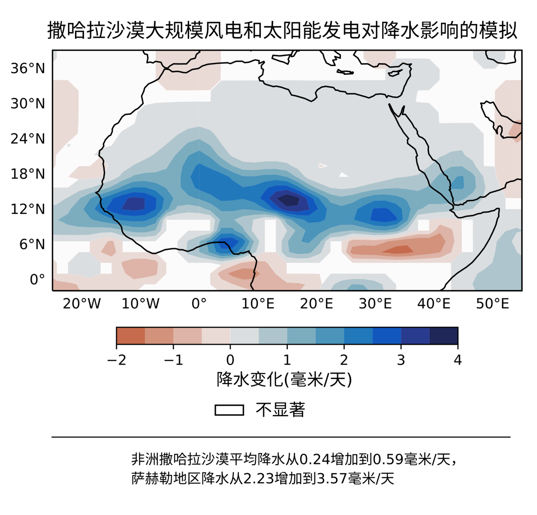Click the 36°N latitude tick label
coord(28,68)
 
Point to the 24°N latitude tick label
coord(28,139)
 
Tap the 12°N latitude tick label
coord(28,209)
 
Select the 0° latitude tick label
coord(37,280)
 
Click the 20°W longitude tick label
coord(82,304)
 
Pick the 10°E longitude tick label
coord(258,304)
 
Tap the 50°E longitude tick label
coord(492,304)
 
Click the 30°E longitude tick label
coord(375,304)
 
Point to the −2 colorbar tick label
coord(116,360)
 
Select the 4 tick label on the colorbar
coord(458,360)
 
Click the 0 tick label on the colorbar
coord(230,360)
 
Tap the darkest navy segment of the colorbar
coord(444,336)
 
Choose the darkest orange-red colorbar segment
coord(130,336)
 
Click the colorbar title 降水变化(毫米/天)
coord(284,379)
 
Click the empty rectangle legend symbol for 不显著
coord(229,410)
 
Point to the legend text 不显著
coord(280,410)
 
